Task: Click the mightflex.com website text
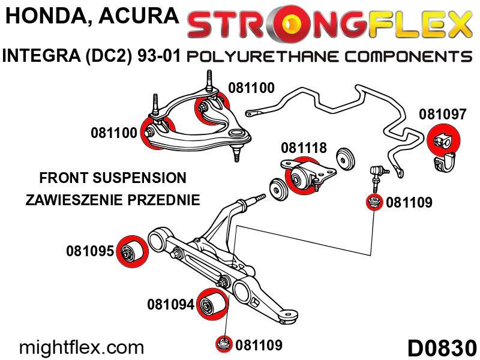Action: (82, 347)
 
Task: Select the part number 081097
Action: (442, 114)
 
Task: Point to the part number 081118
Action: (304, 147)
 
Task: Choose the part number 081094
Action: (171, 305)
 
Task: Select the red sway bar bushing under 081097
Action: (445, 140)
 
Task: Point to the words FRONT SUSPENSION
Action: (112, 178)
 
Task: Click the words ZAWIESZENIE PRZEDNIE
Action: (112, 200)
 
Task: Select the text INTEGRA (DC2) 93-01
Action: (92, 57)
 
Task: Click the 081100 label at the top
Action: (251, 88)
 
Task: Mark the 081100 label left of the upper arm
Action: (114, 133)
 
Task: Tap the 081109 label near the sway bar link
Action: (409, 203)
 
